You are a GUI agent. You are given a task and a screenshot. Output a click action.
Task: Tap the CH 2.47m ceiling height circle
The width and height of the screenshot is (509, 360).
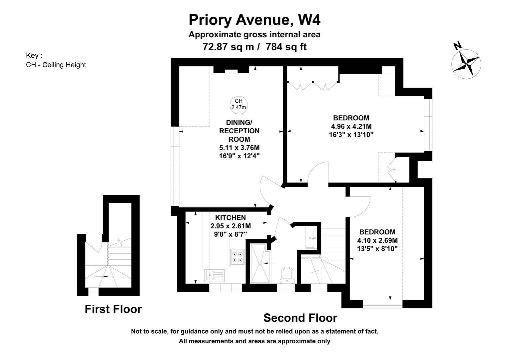(x=239, y=105)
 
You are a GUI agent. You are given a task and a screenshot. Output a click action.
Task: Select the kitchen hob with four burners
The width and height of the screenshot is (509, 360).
(x=238, y=257)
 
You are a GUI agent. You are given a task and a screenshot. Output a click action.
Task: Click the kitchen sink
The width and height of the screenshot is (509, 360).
(x=214, y=275)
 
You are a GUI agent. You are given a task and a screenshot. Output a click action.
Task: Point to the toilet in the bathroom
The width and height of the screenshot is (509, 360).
(x=287, y=275)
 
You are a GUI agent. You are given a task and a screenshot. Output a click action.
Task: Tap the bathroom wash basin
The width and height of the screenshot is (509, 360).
(x=311, y=238)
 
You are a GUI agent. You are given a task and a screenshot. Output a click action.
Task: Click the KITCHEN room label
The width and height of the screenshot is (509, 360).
(x=231, y=218)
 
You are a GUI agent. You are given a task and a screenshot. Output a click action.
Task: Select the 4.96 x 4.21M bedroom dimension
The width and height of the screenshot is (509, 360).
(x=351, y=126)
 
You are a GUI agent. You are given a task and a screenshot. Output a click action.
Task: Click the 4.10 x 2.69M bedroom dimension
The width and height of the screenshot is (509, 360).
(x=377, y=240)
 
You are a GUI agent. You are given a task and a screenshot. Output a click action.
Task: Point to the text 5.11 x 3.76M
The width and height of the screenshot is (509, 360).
(x=239, y=148)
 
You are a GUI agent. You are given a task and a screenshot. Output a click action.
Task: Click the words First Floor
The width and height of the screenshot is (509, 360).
(x=113, y=309)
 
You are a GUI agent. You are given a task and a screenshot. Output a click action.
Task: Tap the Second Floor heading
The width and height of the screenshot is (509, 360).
(x=300, y=318)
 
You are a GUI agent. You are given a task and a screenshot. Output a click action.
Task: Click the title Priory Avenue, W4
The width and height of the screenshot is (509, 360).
(x=254, y=20)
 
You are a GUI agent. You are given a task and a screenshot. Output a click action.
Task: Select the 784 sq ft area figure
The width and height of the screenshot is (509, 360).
(x=286, y=47)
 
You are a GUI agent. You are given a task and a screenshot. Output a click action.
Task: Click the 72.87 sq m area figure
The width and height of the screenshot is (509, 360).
(x=228, y=47)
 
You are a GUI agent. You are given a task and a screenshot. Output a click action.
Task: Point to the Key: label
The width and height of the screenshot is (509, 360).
(x=34, y=55)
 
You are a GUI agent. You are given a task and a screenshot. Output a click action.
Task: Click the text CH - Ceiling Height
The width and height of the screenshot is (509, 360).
(x=56, y=65)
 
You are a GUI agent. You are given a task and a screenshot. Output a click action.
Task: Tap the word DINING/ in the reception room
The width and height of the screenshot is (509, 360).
(x=239, y=122)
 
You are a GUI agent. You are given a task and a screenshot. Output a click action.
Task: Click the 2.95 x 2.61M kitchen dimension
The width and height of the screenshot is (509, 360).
(x=231, y=226)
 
